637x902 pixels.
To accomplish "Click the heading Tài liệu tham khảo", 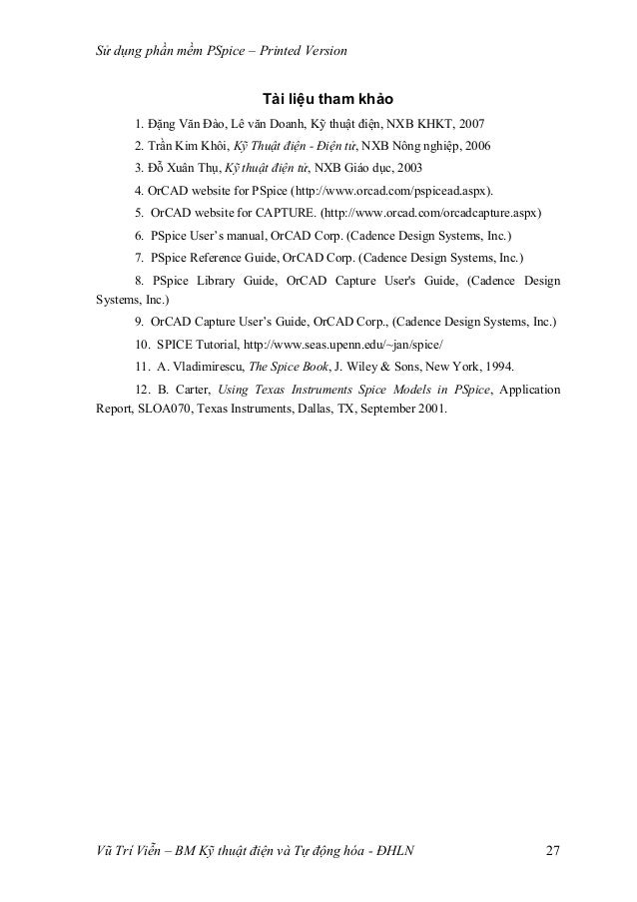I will [x=327, y=100].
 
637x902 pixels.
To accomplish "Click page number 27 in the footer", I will [x=552, y=851].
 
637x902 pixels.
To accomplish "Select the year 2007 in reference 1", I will [x=469, y=124].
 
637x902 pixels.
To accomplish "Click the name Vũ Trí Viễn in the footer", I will [x=117, y=851].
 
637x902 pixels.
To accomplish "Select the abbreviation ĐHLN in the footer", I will [x=390, y=851].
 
